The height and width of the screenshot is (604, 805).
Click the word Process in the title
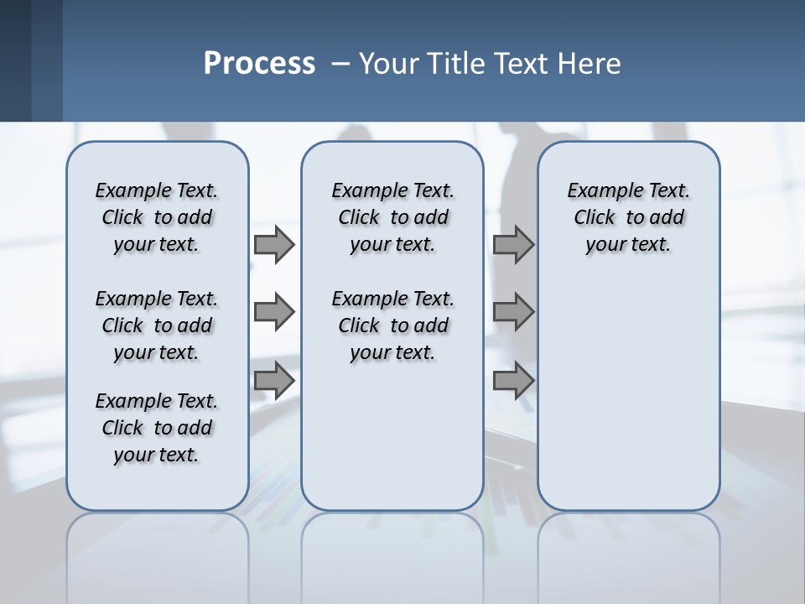click(259, 64)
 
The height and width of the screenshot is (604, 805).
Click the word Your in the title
click(390, 64)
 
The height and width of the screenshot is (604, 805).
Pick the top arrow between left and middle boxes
click(273, 245)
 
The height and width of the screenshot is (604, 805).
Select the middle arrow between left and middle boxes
click(273, 312)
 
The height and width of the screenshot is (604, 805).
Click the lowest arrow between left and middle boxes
click(273, 380)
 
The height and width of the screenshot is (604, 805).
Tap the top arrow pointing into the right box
click(513, 245)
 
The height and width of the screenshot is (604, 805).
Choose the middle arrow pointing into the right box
click(513, 312)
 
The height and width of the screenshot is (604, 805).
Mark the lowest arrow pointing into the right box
click(513, 380)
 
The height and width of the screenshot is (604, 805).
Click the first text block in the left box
click(157, 217)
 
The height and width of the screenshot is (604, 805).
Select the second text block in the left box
click(157, 325)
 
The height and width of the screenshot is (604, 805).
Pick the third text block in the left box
click(157, 428)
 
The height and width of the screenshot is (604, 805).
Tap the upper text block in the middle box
click(392, 217)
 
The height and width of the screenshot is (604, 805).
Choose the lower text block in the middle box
click(392, 325)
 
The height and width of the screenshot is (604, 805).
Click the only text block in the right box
click(628, 217)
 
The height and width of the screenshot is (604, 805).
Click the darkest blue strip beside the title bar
click(15, 60)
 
